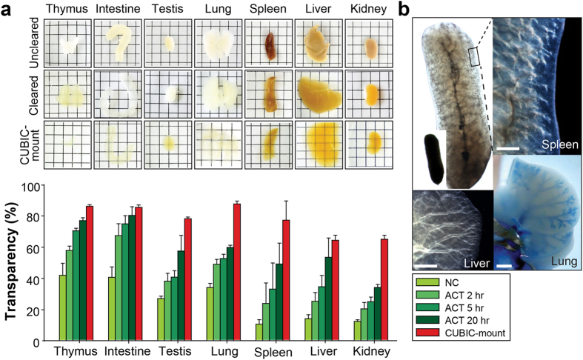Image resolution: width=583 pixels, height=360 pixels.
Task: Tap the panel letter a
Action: (x=7, y=10)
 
